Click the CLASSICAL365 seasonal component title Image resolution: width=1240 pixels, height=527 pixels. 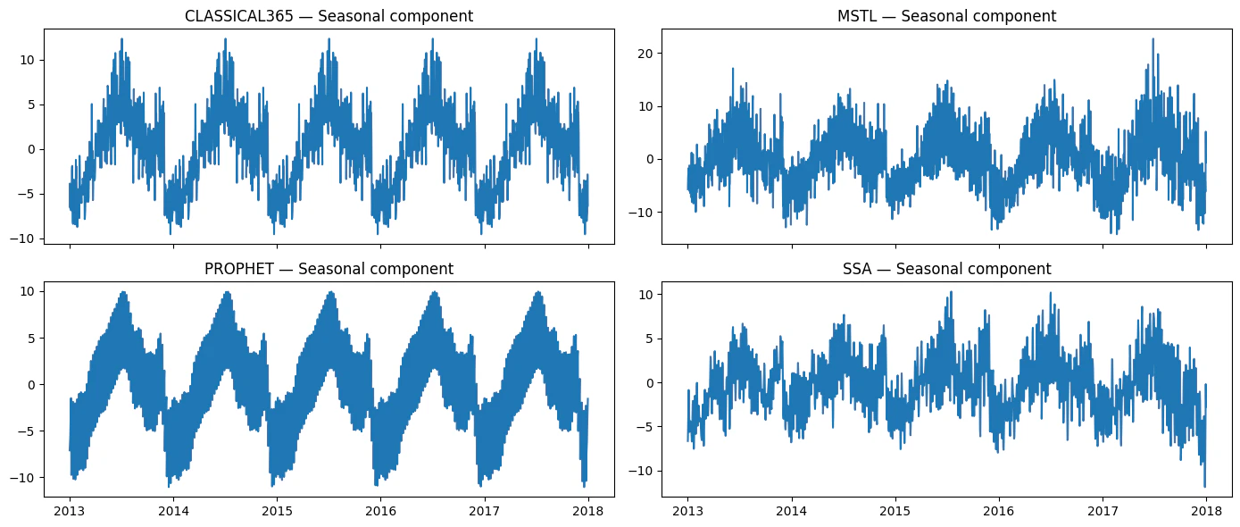click(x=329, y=16)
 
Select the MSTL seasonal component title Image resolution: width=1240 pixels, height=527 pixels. click(x=946, y=16)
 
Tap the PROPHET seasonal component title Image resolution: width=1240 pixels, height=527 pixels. click(x=329, y=269)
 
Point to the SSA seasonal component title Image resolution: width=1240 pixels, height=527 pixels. click(x=946, y=269)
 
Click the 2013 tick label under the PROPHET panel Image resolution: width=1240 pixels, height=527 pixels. click(x=70, y=511)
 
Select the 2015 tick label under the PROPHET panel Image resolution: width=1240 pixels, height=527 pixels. click(x=277, y=511)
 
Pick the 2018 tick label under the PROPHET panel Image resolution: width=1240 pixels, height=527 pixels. click(x=588, y=511)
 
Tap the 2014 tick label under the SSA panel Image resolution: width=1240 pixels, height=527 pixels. click(x=792, y=511)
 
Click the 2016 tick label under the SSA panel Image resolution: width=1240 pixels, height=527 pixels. click(x=999, y=511)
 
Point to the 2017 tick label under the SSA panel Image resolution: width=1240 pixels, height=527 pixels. click(x=1103, y=511)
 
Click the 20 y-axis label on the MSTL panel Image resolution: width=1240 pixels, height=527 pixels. click(x=646, y=54)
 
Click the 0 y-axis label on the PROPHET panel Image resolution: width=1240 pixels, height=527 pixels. click(x=32, y=385)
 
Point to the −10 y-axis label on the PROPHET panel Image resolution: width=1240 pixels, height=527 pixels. click(x=22, y=478)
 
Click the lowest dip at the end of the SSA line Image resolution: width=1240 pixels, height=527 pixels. click(x=1204, y=487)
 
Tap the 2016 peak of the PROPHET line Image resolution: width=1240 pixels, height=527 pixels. click(x=435, y=293)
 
